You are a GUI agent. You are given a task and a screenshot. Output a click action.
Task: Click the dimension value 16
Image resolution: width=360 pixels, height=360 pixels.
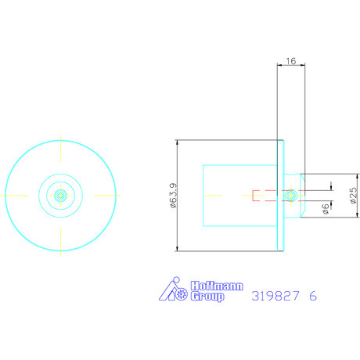tap(291, 61)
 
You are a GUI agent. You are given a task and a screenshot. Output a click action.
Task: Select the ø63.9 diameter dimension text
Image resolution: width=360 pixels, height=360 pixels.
tap(173, 196)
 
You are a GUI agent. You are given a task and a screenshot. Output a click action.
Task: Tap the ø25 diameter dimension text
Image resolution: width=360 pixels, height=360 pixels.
tap(353, 195)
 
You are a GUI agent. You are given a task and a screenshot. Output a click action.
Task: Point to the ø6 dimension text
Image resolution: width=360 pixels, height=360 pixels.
tap(326, 209)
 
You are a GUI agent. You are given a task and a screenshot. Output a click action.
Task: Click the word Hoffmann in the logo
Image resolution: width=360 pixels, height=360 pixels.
tap(217, 286)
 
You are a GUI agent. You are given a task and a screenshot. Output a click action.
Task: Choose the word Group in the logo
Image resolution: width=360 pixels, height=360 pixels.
tap(207, 297)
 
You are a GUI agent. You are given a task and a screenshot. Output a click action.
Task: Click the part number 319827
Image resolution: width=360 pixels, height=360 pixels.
tap(275, 296)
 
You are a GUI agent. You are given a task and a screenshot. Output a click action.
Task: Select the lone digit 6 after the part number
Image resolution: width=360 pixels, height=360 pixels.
tap(313, 296)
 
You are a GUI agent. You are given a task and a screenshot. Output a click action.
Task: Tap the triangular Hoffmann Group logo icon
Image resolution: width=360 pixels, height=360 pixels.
tap(173, 289)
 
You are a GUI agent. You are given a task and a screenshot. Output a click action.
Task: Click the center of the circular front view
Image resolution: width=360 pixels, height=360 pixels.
tap(60, 196)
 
